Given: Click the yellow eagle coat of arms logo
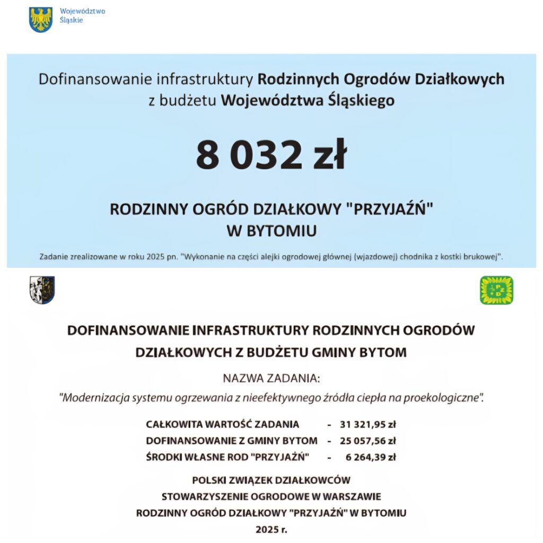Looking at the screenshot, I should [40, 19].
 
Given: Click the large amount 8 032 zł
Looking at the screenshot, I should [271, 155].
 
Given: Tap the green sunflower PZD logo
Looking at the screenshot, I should [496, 290].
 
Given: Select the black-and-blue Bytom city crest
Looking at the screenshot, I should [42, 290].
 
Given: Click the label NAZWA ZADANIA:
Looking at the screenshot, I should [271, 379].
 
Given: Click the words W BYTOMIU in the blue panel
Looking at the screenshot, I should [271, 231].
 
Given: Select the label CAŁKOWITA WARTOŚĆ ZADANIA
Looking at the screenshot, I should [222, 424].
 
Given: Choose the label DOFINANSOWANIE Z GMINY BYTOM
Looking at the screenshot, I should [232, 441].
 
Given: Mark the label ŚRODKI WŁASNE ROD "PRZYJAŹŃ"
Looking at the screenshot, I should [227, 457].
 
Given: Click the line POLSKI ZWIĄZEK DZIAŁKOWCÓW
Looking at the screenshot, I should [271, 480].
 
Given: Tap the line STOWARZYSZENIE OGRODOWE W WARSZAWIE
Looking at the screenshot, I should [271, 497].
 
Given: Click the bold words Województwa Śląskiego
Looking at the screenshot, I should [308, 100].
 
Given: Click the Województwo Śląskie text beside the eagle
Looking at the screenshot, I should [75, 16].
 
